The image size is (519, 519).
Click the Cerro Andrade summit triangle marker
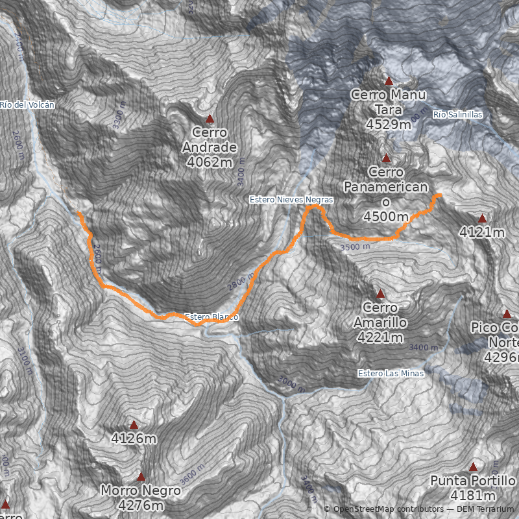click(x=210, y=119)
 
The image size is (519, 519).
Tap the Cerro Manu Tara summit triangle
click(x=389, y=81)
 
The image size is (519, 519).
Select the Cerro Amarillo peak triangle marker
click(x=380, y=293)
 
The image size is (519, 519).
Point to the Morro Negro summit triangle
click(x=141, y=476)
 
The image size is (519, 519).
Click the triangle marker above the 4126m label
click(x=134, y=425)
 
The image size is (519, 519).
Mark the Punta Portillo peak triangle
click(x=473, y=466)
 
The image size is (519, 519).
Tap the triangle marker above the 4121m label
click(x=482, y=218)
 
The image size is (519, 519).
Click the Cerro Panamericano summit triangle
click(x=386, y=158)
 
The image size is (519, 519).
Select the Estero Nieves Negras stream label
click(x=291, y=200)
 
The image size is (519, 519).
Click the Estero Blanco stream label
click(x=211, y=317)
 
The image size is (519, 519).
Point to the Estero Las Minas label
click(x=391, y=374)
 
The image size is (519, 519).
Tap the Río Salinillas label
click(x=458, y=115)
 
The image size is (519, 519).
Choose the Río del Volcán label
click(x=27, y=104)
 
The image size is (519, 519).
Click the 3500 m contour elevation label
click(x=355, y=247)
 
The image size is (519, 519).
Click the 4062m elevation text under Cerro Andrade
click(x=209, y=162)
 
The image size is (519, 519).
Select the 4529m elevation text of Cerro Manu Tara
click(x=388, y=123)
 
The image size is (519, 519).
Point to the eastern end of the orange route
click(x=440, y=195)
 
